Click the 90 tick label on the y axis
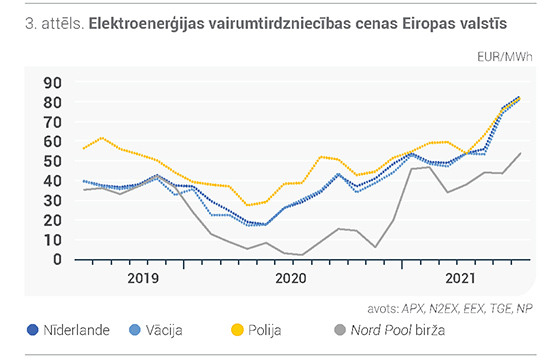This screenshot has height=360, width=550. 52,83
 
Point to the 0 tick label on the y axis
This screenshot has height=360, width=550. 57,259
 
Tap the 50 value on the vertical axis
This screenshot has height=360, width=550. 52,161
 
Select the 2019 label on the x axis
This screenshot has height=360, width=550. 143,278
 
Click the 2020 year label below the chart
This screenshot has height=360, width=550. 291,278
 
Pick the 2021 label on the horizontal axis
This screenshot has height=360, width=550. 460,278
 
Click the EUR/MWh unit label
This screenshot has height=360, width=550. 505,56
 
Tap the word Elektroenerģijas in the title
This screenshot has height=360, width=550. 147,24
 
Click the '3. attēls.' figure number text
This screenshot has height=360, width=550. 55,24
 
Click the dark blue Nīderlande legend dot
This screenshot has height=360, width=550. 33,330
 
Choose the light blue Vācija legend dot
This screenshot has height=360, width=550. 135,330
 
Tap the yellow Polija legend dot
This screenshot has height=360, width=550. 237,330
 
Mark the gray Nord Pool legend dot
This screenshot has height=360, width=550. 340,330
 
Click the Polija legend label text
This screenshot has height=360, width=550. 264,330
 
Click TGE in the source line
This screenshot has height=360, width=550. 501,308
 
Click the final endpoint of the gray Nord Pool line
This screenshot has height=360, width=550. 521,153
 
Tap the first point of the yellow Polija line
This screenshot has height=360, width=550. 84,148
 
